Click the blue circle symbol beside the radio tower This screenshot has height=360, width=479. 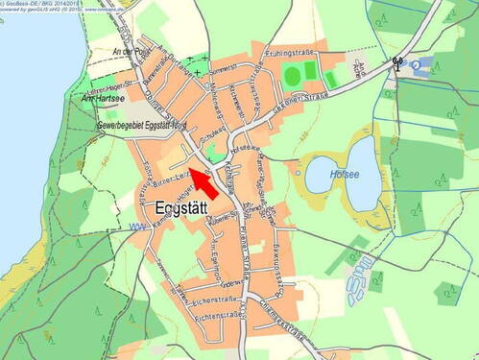416,65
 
